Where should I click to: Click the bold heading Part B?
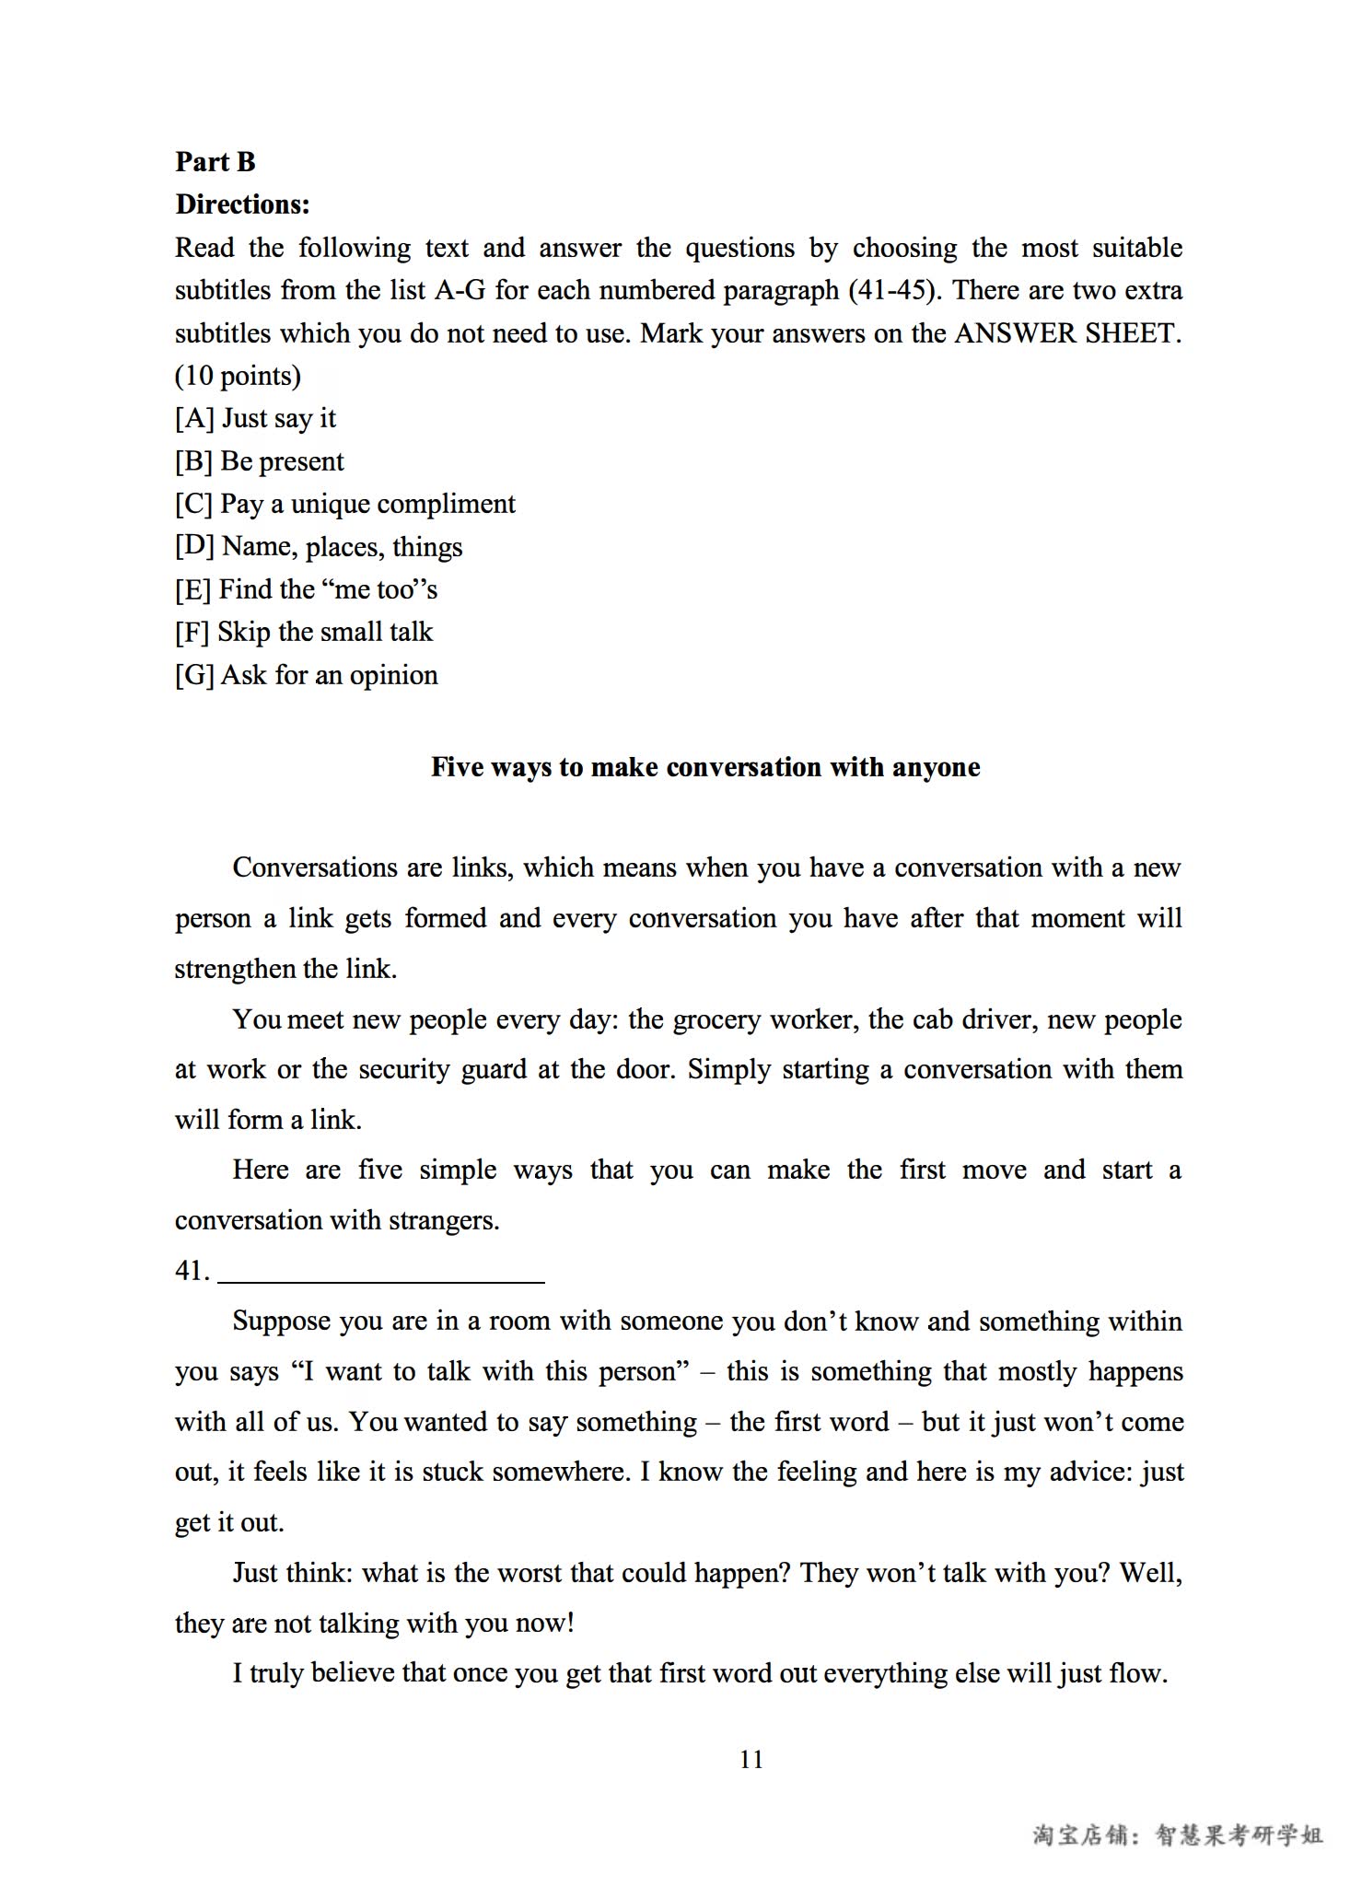pos(215,162)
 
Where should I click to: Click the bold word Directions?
pos(242,204)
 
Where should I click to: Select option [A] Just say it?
pos(255,419)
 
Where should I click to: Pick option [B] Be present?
pos(259,461)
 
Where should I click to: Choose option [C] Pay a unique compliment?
pos(344,505)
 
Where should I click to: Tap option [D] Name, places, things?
pos(318,547)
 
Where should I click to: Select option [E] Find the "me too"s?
pos(306,589)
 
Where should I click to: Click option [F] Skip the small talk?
pos(303,632)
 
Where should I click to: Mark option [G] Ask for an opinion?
pos(306,675)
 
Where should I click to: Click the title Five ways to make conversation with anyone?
pos(705,767)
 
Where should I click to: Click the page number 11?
pos(751,1760)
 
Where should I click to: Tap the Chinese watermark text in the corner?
pos(1178,1835)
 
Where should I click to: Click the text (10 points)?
pos(238,376)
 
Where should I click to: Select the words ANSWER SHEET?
pos(1067,333)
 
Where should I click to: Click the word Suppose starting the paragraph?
pos(280,1321)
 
